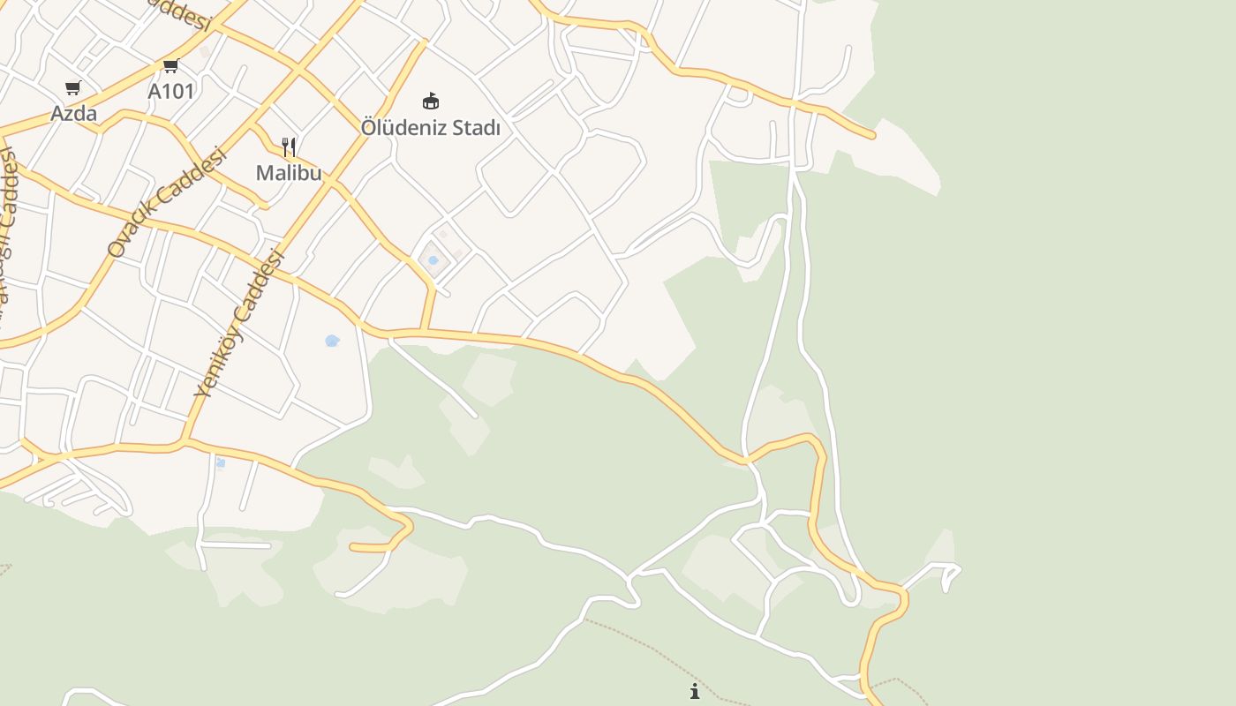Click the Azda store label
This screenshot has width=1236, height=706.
pyautogui.click(x=73, y=113)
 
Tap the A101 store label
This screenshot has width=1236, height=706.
pyautogui.click(x=170, y=91)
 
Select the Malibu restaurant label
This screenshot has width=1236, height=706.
pyautogui.click(x=289, y=173)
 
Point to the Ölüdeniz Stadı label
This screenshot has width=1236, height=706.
pyautogui.click(x=430, y=127)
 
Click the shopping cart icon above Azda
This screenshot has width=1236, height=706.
pyautogui.click(x=73, y=87)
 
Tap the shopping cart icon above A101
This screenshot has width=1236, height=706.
pyautogui.click(x=170, y=65)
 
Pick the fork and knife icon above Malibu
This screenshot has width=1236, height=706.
pyautogui.click(x=289, y=146)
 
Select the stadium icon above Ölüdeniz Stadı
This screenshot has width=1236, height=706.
pyautogui.click(x=431, y=101)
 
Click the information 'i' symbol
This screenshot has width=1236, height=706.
pyautogui.click(x=695, y=691)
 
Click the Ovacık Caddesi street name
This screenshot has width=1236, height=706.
pyautogui.click(x=166, y=202)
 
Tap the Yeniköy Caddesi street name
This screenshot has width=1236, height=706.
pyautogui.click(x=239, y=324)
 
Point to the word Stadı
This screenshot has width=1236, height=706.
pyautogui.click(x=477, y=127)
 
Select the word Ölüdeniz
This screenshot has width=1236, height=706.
pyautogui.click(x=404, y=127)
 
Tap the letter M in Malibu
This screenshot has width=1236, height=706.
pyautogui.click(x=264, y=173)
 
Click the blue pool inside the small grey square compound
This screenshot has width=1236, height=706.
pyautogui.click(x=433, y=260)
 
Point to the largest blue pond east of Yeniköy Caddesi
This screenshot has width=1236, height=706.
pyautogui.click(x=332, y=341)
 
